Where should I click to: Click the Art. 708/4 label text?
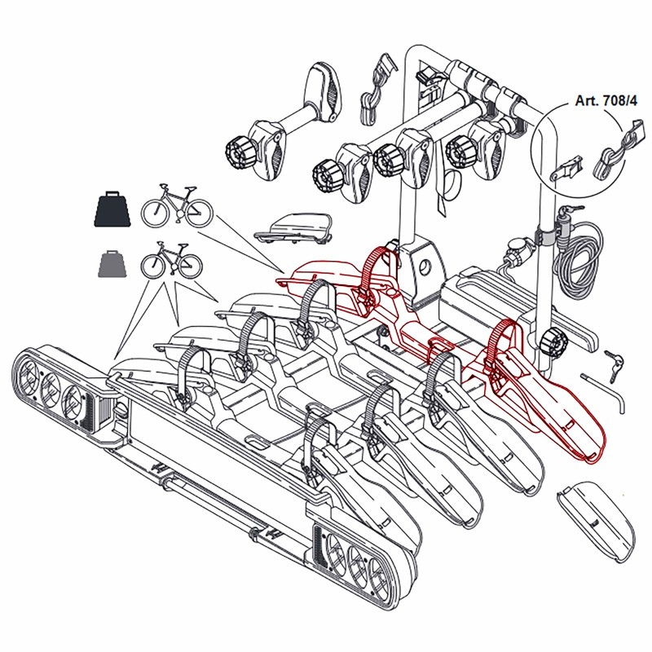[x=606, y=100]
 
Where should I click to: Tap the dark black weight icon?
[x=112, y=209]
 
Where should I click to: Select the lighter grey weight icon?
[x=112, y=263]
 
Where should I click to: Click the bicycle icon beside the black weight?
[x=177, y=205]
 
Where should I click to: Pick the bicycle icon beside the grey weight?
[x=172, y=260]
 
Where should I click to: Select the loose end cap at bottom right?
[x=596, y=520]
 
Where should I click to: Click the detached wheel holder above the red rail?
[x=293, y=228]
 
